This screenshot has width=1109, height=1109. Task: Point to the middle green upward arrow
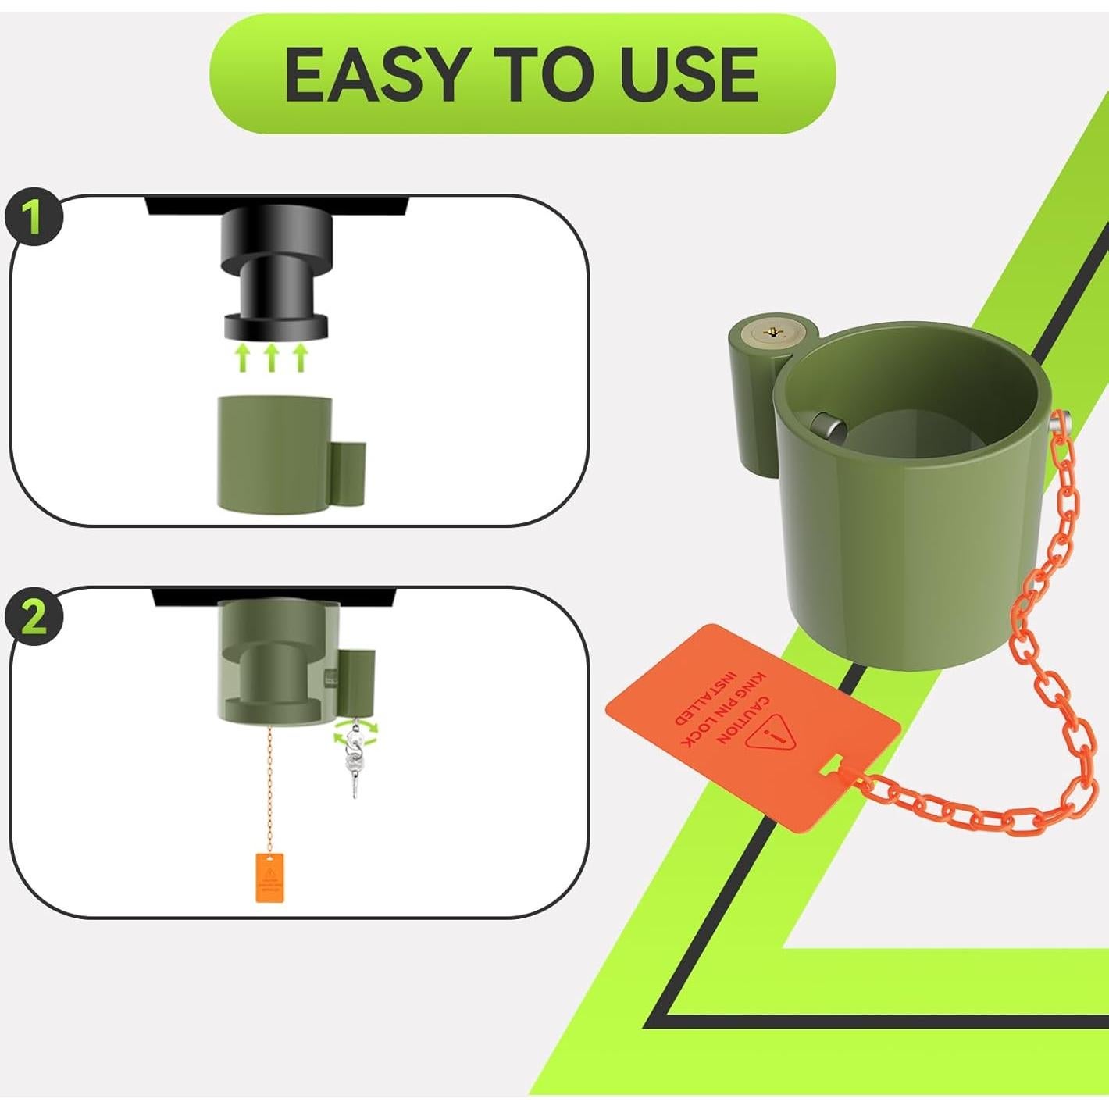click(x=271, y=358)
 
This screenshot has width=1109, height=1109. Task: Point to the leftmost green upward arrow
click(x=242, y=358)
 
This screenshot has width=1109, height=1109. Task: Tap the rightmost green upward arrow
click(x=300, y=358)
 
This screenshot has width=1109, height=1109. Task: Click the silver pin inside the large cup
click(x=827, y=427)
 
